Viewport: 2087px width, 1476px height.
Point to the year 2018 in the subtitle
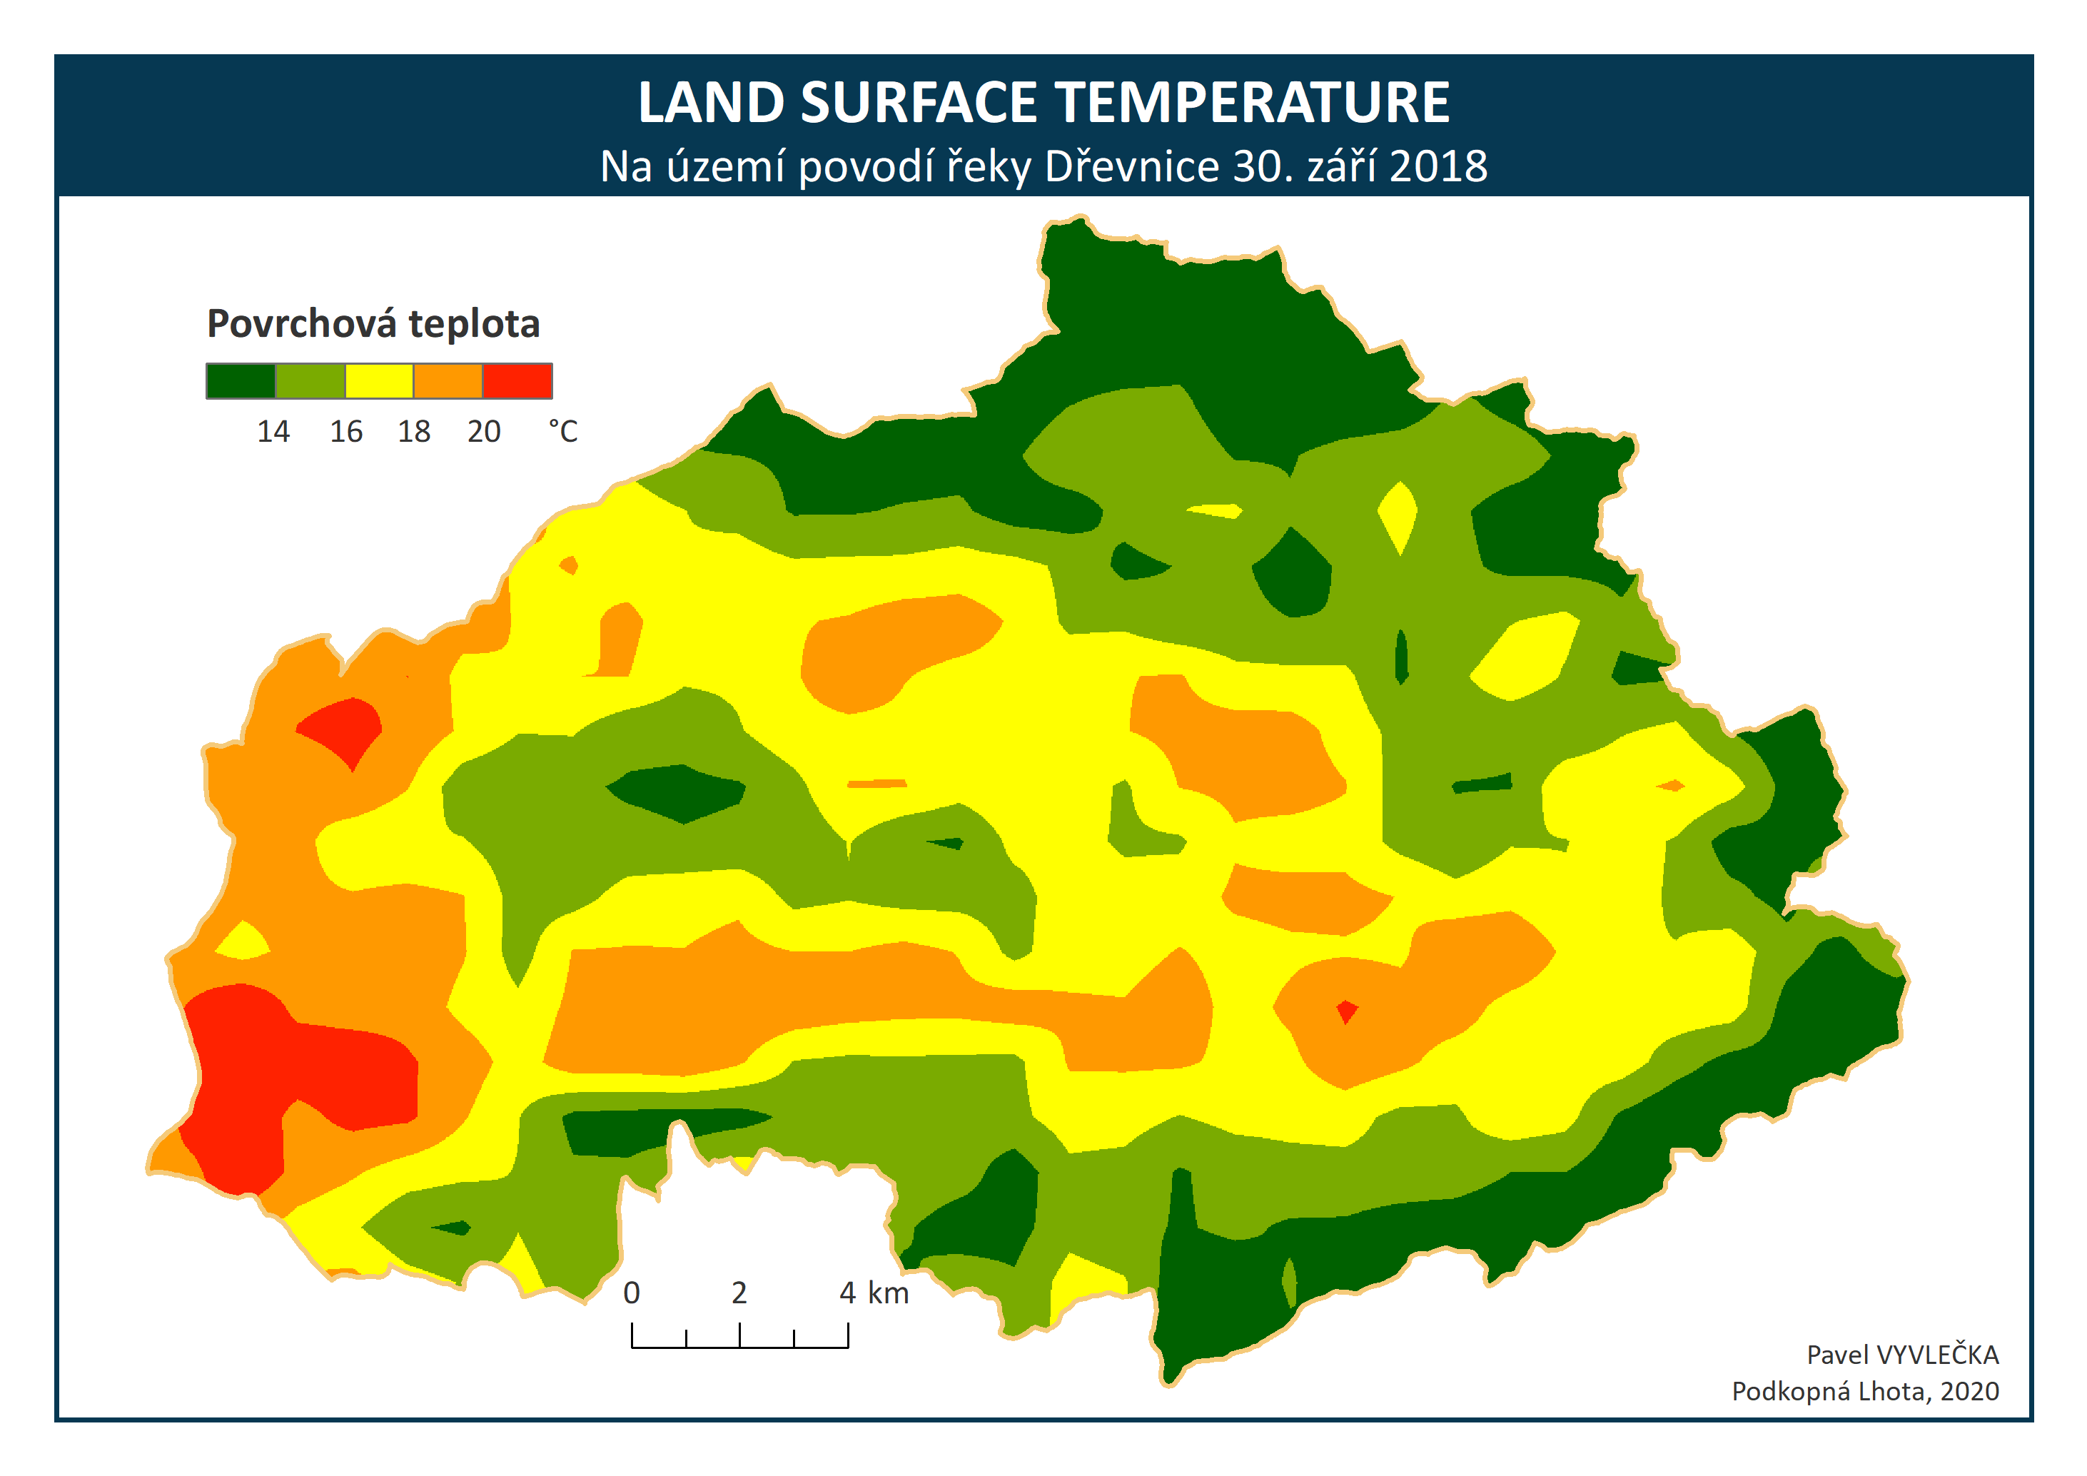[1438, 166]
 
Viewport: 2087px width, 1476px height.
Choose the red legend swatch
[517, 381]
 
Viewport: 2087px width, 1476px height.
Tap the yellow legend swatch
[379, 381]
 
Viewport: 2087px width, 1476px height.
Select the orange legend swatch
[448, 381]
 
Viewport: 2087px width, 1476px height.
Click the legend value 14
[273, 431]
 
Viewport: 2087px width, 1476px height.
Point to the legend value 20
[485, 431]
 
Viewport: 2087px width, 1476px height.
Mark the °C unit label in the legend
[562, 431]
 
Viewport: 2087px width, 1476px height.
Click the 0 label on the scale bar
[632, 1293]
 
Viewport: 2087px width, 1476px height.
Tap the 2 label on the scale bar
[740, 1293]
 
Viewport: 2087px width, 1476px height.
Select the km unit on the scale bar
[888, 1293]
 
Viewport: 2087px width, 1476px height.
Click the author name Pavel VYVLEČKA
[1902, 1355]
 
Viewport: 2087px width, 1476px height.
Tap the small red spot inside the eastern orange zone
[1347, 1011]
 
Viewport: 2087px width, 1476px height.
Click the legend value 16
[346, 431]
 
